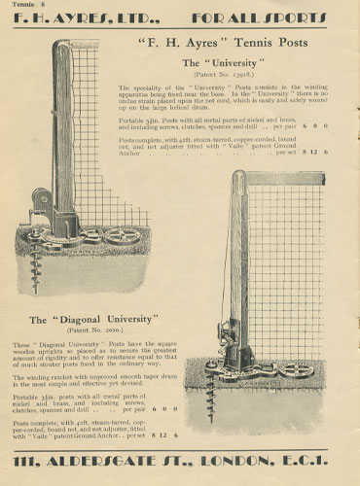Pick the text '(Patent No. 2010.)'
pyautogui.click(x=93, y=330)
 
